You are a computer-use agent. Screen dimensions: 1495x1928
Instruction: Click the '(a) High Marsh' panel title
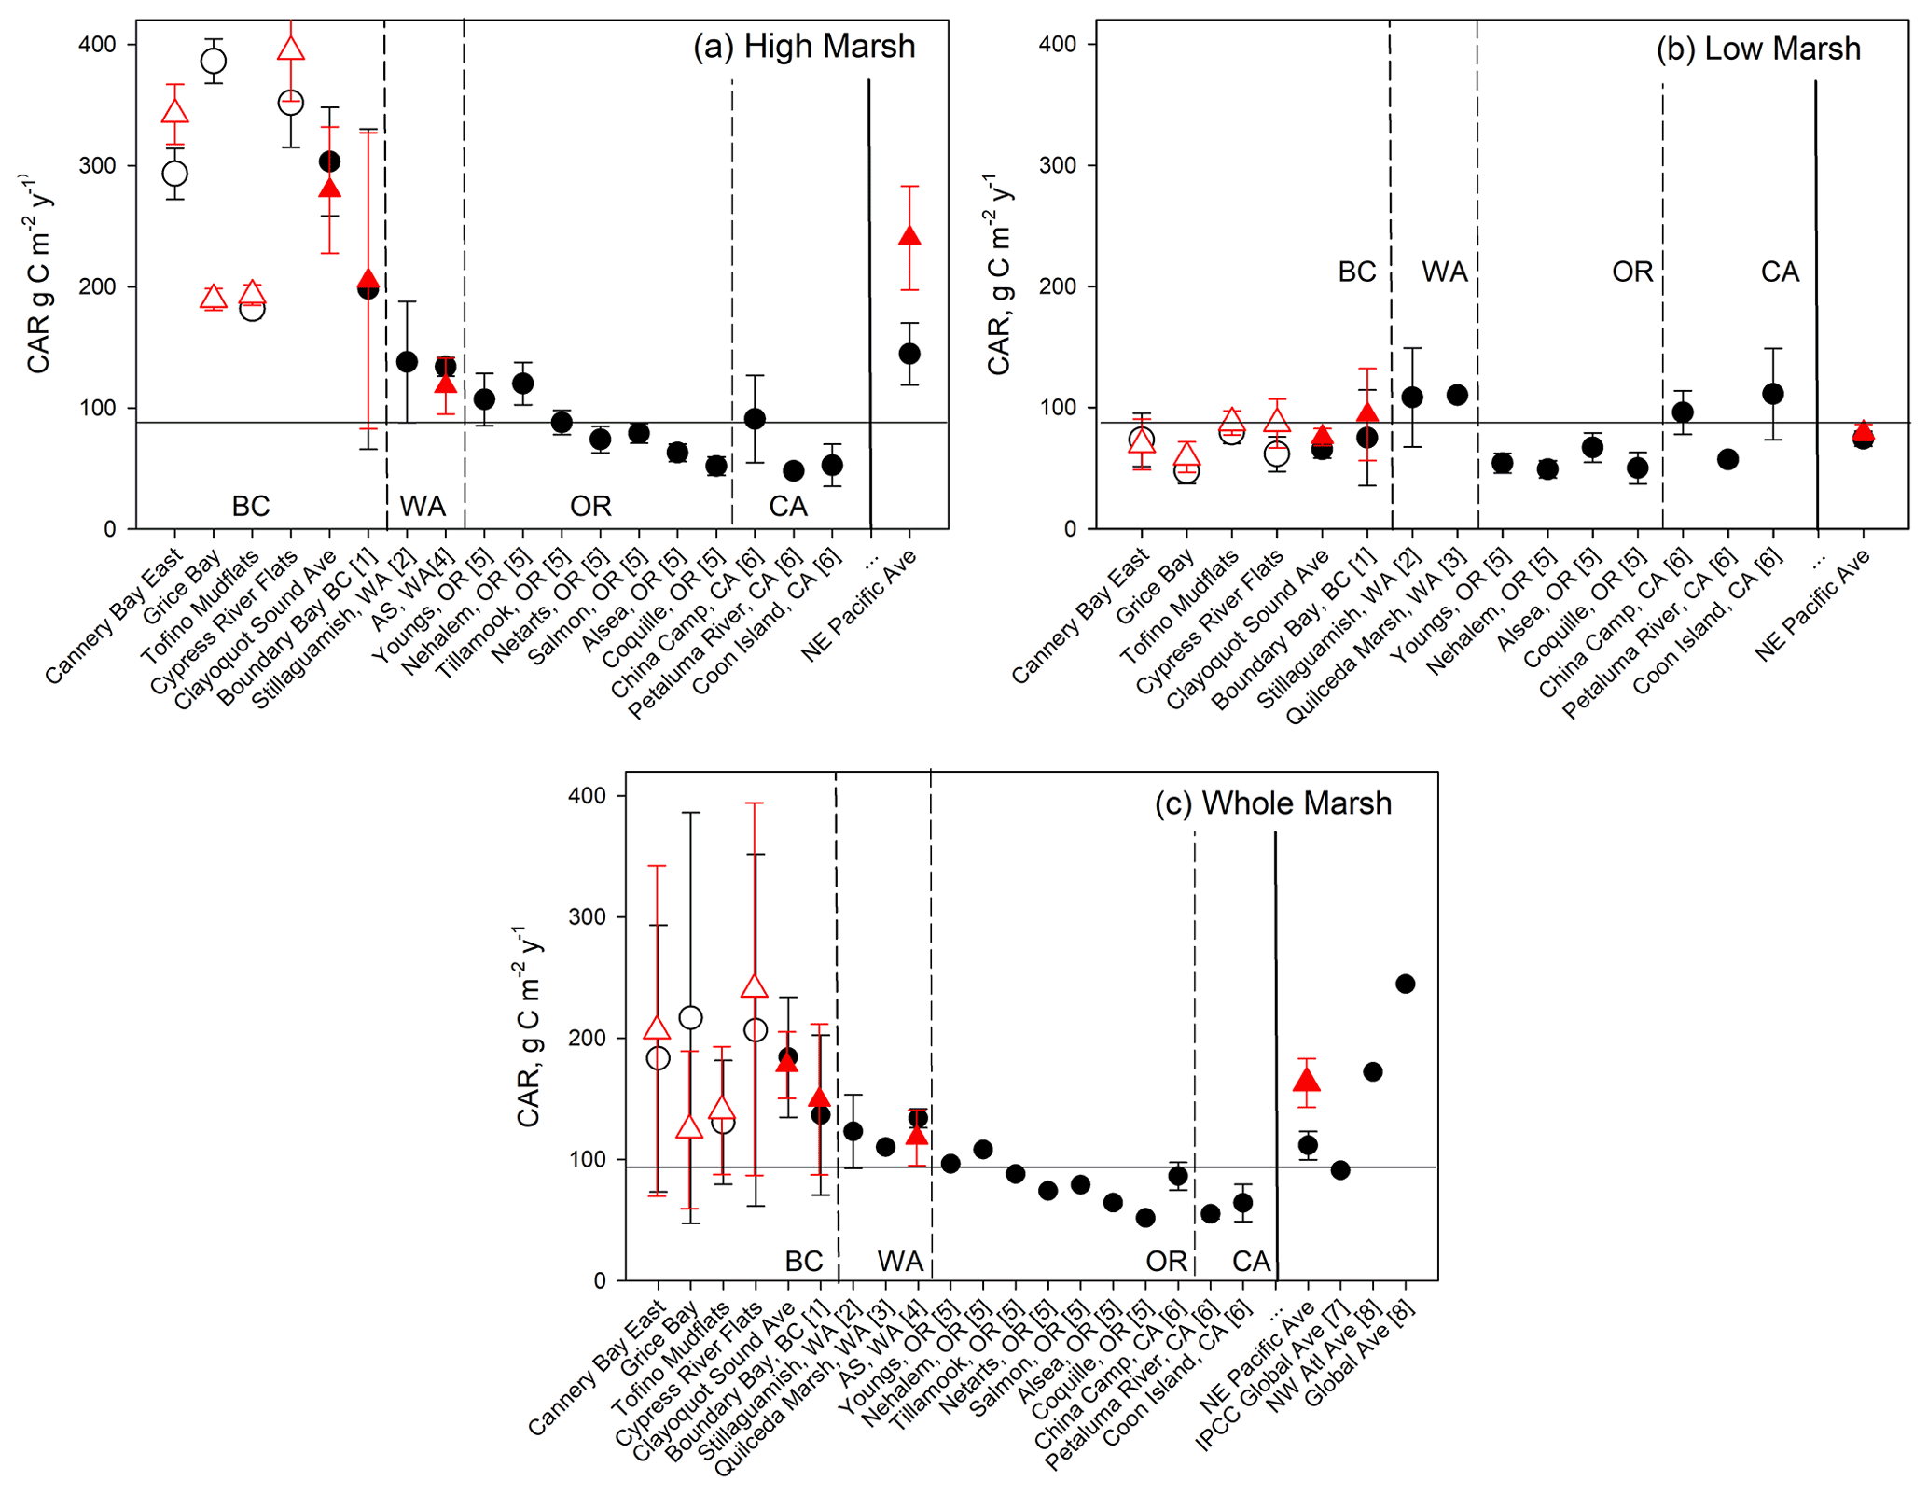click(803, 47)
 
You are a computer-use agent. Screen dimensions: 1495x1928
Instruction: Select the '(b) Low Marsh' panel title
click(1757, 49)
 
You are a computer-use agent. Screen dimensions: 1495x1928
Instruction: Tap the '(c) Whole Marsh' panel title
click(1272, 803)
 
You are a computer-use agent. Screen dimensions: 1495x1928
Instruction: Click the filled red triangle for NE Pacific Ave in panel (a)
click(909, 236)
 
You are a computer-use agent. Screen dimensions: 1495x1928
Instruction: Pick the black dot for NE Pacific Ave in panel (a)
click(909, 354)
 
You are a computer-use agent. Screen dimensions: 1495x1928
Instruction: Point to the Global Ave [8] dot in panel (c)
click(1405, 984)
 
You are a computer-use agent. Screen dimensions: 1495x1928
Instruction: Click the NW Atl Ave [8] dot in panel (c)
click(1372, 1071)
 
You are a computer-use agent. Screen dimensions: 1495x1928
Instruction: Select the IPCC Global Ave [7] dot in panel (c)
click(1340, 1170)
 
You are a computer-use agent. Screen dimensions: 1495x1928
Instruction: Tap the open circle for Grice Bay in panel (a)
click(214, 61)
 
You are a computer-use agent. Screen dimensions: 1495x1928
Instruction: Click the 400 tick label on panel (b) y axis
click(1057, 44)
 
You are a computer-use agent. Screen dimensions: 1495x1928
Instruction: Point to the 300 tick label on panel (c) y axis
click(587, 917)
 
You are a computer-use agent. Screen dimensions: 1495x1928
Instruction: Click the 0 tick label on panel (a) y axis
click(110, 529)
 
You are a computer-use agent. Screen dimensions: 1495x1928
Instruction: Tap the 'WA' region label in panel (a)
click(423, 507)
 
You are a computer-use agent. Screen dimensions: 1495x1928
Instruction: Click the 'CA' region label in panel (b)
click(1779, 272)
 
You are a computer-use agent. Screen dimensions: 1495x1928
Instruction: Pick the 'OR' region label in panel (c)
click(1166, 1262)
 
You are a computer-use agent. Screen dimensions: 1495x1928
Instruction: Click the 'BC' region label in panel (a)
click(251, 507)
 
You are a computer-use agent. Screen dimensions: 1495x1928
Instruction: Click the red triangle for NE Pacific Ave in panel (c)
click(1307, 1080)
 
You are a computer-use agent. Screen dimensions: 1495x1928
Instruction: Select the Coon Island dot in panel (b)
click(1773, 394)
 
